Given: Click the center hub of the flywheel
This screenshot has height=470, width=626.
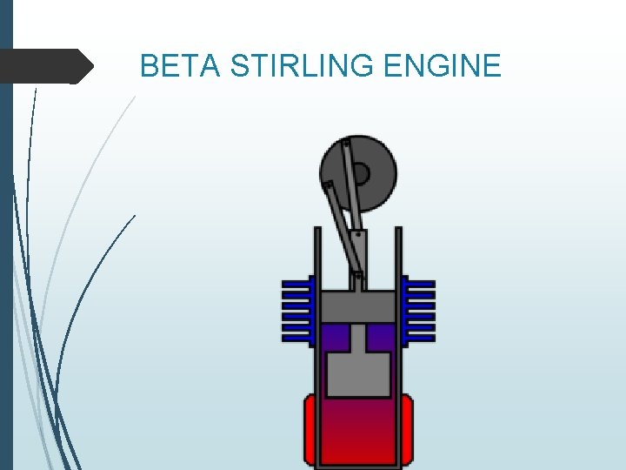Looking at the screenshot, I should (x=360, y=174).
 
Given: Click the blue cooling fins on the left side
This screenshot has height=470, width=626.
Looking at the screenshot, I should (x=296, y=310).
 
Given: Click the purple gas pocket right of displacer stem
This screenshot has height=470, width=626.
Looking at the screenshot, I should (x=381, y=338).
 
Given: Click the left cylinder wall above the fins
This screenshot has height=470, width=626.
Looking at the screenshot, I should (x=317, y=252).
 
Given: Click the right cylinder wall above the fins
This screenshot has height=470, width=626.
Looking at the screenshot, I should (x=399, y=252).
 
